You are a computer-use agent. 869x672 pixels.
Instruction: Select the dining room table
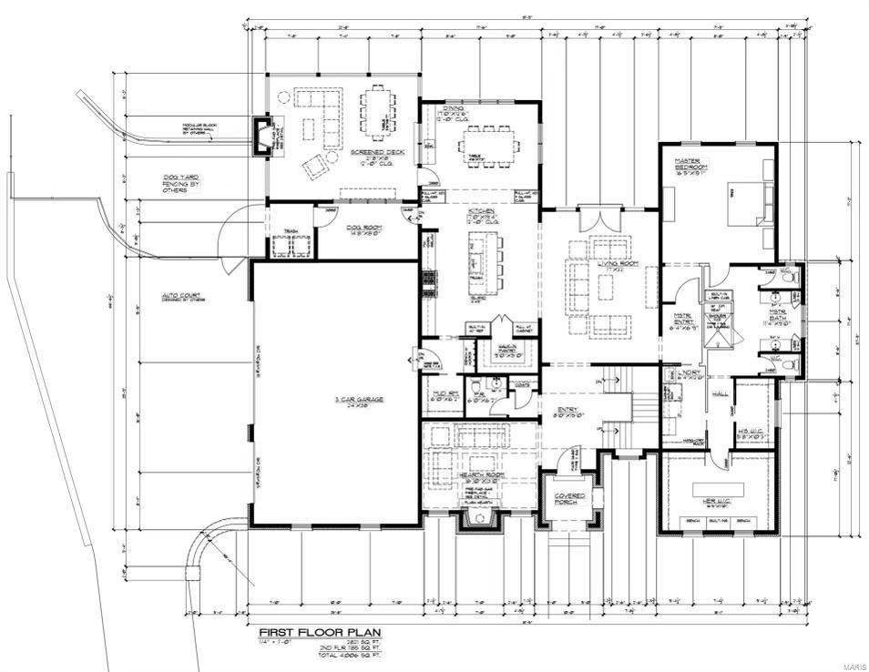pos(488,143)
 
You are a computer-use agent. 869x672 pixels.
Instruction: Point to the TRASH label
pos(292,231)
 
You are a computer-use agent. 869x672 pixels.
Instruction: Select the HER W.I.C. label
pos(720,497)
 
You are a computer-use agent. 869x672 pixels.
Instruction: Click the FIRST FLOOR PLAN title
pos(321,632)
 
